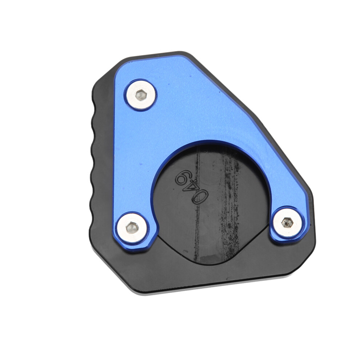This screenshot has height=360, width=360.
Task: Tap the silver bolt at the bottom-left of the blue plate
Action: coord(132,227)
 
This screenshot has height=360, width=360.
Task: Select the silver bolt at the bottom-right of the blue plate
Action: coord(287,222)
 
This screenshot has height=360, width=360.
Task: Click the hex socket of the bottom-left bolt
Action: coord(132,228)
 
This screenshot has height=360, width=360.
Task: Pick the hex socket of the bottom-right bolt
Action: coord(287,222)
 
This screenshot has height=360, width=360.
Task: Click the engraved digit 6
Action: coord(181,177)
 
